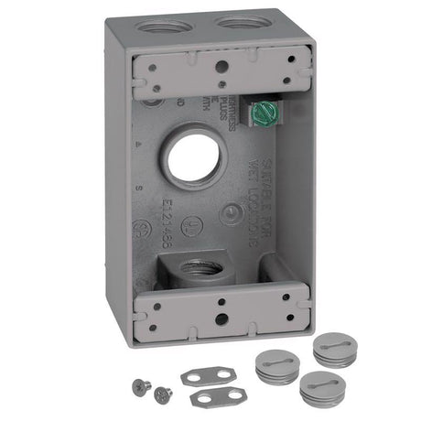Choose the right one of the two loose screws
click(x=163, y=394)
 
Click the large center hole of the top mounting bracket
click(x=221, y=65)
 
